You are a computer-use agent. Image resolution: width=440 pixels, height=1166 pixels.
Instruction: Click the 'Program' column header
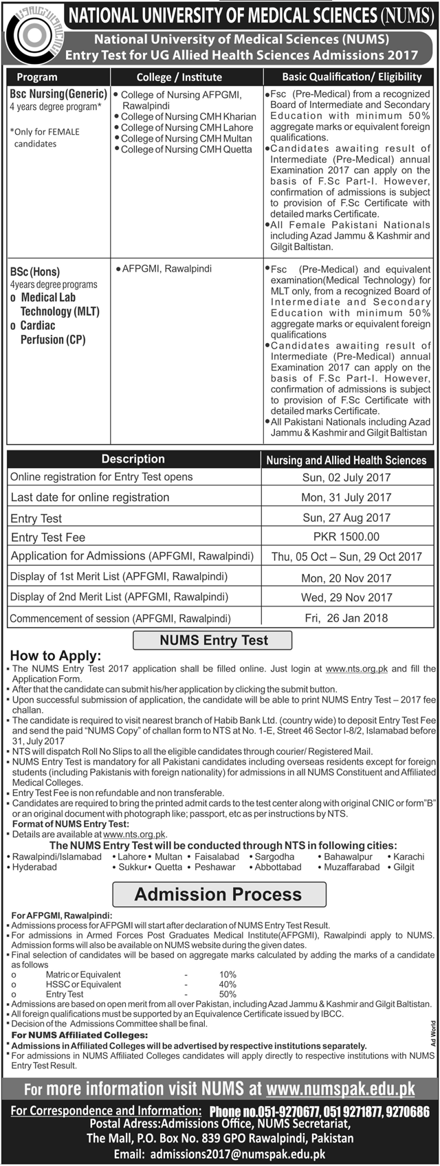[36, 77]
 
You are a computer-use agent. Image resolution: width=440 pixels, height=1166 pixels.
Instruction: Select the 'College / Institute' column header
[179, 77]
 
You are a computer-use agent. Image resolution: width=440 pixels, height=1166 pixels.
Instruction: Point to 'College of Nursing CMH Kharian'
[188, 117]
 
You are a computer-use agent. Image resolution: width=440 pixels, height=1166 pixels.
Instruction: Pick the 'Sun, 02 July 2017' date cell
[346, 477]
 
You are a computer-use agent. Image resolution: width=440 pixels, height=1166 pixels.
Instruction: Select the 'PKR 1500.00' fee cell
[346, 537]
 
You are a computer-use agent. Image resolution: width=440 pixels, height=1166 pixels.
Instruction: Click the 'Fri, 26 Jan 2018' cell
[346, 618]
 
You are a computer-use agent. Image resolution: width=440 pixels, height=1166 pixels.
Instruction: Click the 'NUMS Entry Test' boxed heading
[213, 640]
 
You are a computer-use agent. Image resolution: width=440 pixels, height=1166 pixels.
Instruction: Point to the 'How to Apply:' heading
[55, 656]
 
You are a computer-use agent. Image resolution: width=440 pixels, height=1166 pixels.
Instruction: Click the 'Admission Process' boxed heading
[218, 894]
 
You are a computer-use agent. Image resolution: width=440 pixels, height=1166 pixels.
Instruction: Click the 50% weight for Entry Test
[228, 994]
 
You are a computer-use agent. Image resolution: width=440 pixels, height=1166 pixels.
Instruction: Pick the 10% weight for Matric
[228, 975]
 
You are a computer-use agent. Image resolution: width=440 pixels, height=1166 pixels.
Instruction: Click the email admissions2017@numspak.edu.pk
[265, 1155]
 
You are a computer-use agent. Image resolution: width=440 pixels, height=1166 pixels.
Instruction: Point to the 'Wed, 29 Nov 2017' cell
[346, 597]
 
